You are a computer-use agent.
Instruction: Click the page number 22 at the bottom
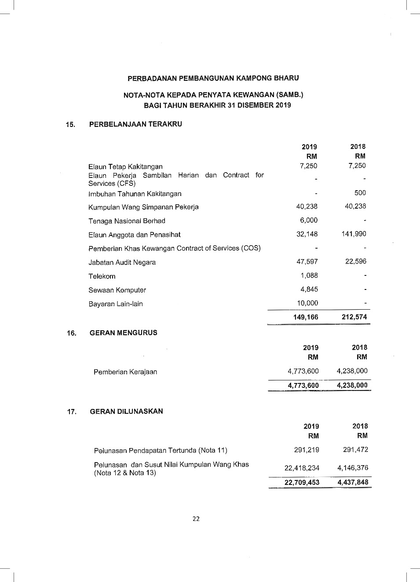(196, 519)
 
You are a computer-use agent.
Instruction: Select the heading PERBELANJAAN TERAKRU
(135, 124)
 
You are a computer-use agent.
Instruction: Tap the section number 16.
(71, 333)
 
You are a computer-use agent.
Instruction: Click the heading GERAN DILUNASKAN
(126, 412)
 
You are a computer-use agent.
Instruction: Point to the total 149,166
(306, 317)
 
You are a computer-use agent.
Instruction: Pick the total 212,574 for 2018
(354, 317)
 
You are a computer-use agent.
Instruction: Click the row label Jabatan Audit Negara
(122, 263)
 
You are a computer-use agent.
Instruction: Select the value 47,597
(307, 262)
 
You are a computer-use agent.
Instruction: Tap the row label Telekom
(102, 276)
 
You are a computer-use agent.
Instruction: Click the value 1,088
(309, 275)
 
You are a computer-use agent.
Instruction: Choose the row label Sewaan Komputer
(117, 290)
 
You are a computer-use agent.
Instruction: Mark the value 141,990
(354, 234)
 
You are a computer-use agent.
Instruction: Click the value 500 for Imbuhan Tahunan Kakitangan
(360, 193)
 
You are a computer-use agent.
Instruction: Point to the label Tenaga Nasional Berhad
(127, 221)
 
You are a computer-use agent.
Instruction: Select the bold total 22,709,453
(302, 482)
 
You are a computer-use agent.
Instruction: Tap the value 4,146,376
(353, 468)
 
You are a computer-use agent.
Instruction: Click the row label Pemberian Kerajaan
(125, 372)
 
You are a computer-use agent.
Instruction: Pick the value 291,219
(307, 450)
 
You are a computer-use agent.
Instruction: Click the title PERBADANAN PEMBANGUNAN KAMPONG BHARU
(213, 78)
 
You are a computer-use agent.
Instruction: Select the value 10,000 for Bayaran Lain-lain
(307, 303)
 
